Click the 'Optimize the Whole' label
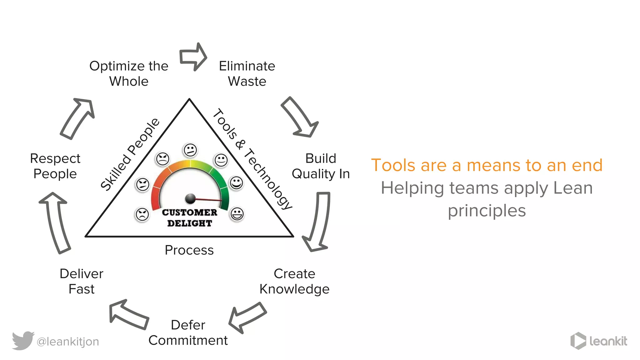(x=129, y=73)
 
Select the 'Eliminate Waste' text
(x=247, y=73)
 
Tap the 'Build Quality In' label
(x=321, y=166)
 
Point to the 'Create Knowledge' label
(x=294, y=281)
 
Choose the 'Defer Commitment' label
(x=188, y=332)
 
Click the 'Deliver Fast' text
(x=81, y=281)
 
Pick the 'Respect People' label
(x=55, y=166)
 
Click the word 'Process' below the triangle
(x=189, y=250)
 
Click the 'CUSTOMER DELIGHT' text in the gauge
(x=189, y=218)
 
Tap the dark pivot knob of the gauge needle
(x=190, y=198)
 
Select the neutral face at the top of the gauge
(x=190, y=150)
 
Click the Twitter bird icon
(x=23, y=340)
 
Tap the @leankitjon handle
(x=68, y=342)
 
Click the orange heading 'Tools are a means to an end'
(x=487, y=165)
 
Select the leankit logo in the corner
(x=598, y=341)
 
